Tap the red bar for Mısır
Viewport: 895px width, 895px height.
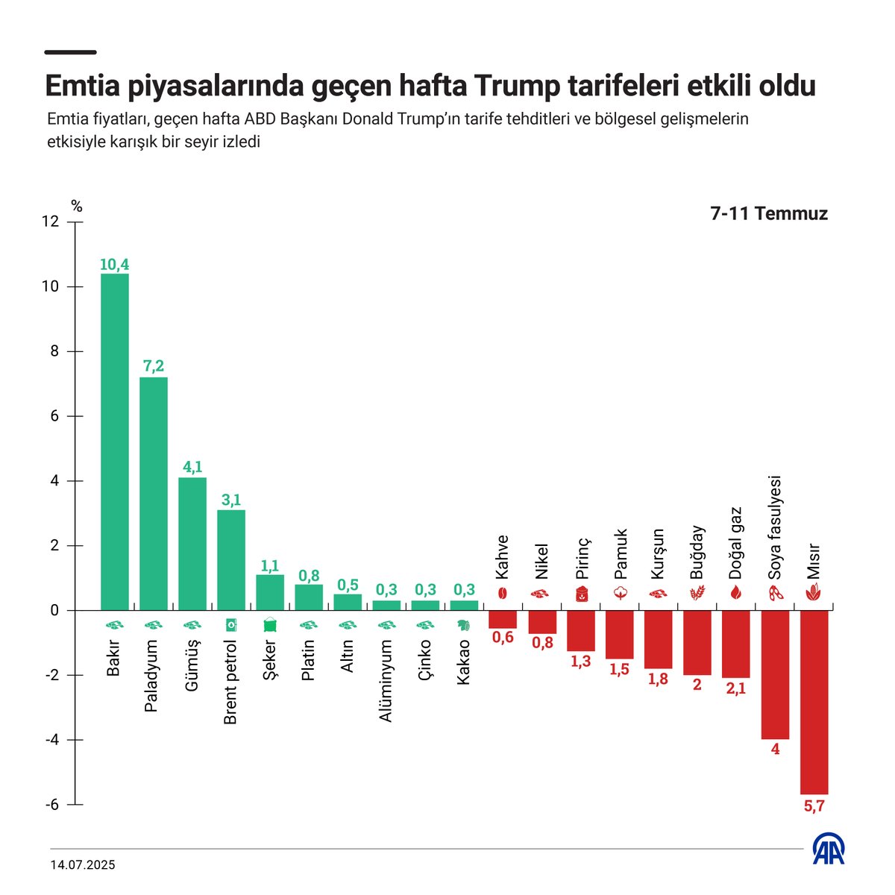click(x=814, y=701)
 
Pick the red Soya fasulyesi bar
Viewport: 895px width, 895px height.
click(x=775, y=674)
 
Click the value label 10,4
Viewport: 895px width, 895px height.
click(x=114, y=264)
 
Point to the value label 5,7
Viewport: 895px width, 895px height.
click(x=814, y=805)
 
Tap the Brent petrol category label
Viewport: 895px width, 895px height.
click(x=230, y=682)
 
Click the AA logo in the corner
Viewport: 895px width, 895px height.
click(x=829, y=849)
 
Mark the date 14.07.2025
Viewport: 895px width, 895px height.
click(x=83, y=865)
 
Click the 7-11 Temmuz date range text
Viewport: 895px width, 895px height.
click(x=768, y=214)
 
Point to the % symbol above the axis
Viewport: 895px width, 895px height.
click(x=76, y=207)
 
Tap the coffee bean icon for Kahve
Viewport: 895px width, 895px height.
click(x=503, y=594)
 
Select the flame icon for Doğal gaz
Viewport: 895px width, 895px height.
click(x=735, y=594)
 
